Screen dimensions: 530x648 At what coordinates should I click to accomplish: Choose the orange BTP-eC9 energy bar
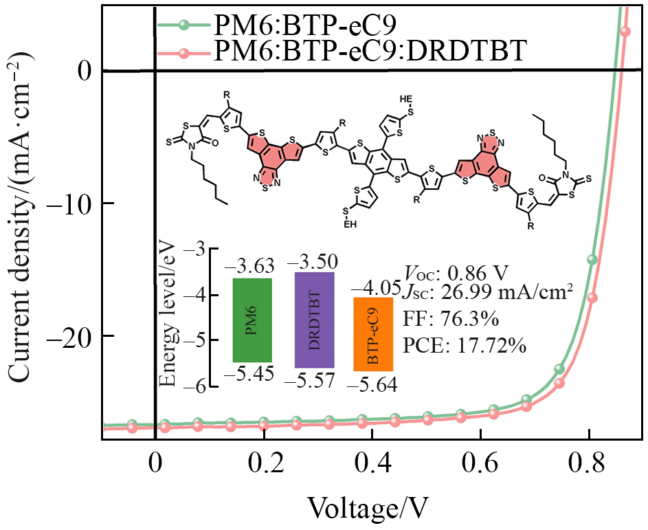click(373, 334)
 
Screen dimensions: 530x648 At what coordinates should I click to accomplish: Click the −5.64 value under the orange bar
click(372, 385)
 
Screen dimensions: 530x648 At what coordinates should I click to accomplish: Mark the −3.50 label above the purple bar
click(313, 261)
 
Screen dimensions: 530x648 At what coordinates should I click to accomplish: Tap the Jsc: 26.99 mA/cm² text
click(487, 294)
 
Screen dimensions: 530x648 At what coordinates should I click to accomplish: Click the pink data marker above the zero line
click(625, 31)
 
